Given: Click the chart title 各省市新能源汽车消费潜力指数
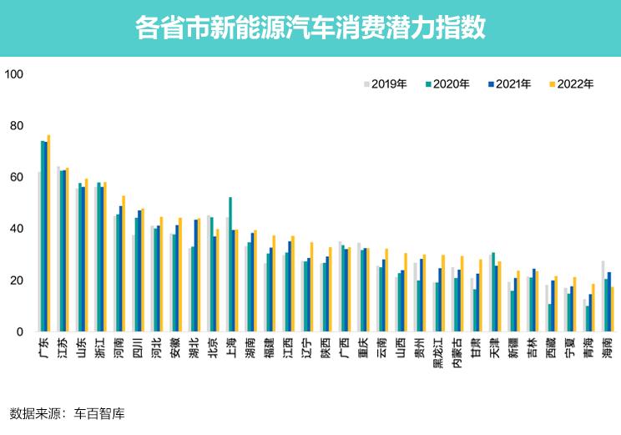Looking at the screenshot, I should (x=310, y=28).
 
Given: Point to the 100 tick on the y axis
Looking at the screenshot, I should (x=16, y=74).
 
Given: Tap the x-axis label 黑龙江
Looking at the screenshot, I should (x=437, y=352).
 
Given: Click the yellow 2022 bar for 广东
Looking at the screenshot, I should (x=49, y=234).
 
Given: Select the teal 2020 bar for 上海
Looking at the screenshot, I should (x=230, y=264).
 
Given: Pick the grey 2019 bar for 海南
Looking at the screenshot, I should (x=602, y=296).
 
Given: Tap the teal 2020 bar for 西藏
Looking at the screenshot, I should (x=549, y=317).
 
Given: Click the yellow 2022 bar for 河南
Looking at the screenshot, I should (x=124, y=264).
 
